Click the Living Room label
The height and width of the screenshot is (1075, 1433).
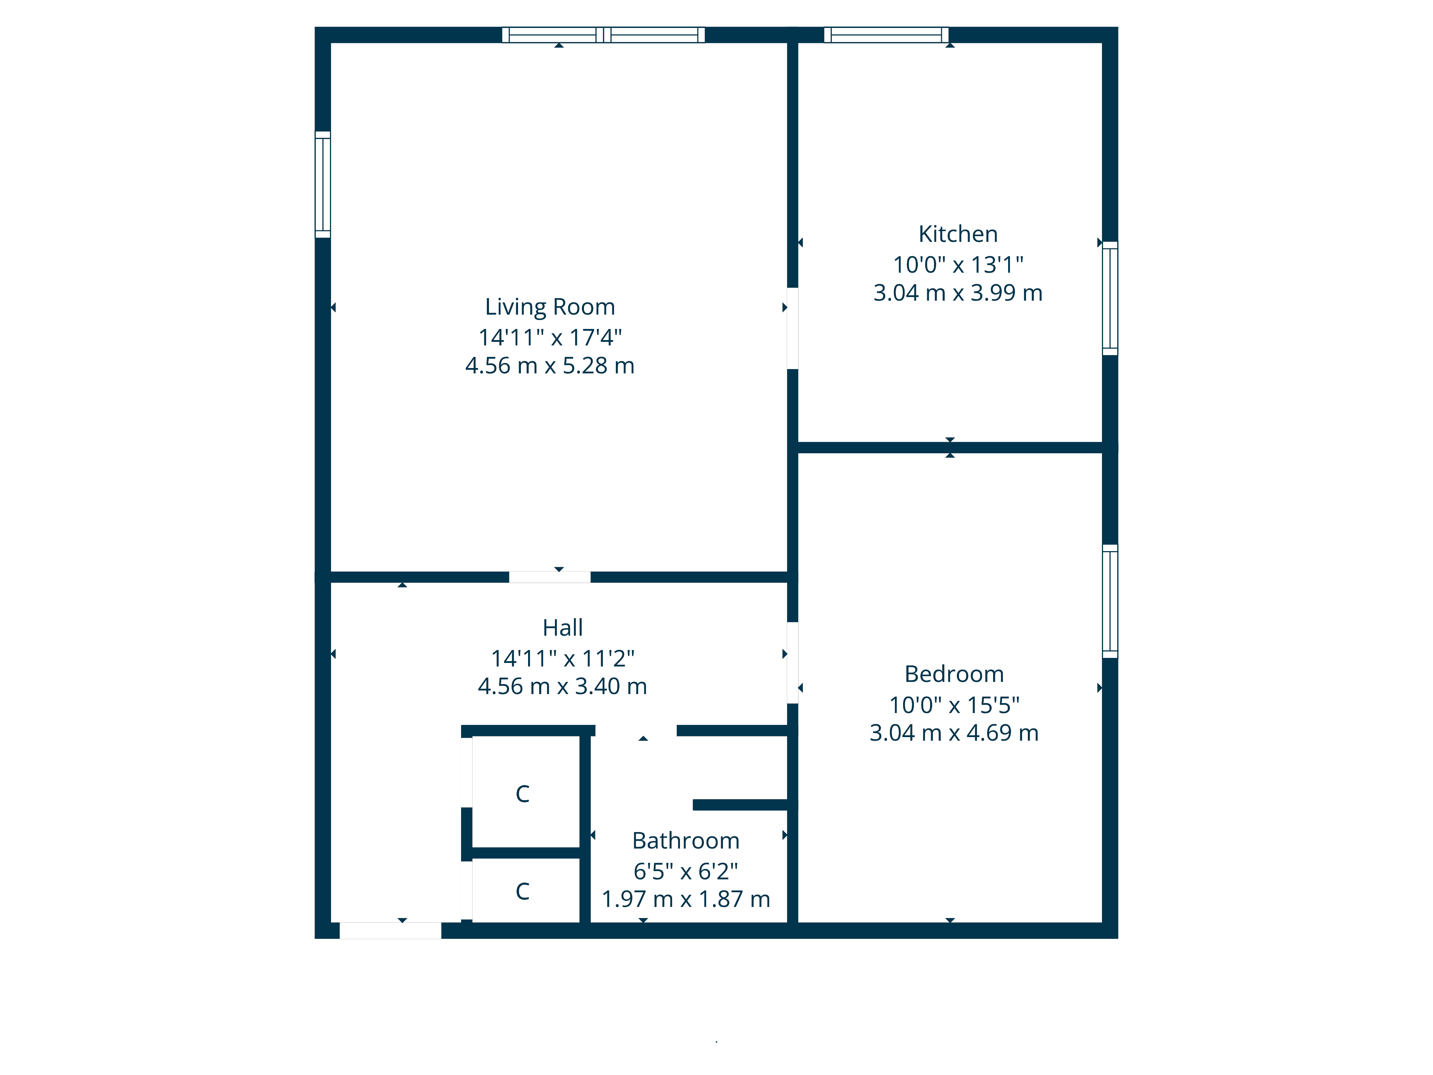click(x=550, y=307)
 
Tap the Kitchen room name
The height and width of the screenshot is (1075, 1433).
click(x=958, y=234)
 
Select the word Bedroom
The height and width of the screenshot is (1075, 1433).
click(x=954, y=674)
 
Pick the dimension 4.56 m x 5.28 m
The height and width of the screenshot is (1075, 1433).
click(x=550, y=365)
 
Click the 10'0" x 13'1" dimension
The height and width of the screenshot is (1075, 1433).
click(x=958, y=264)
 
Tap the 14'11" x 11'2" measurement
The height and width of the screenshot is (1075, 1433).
click(x=562, y=658)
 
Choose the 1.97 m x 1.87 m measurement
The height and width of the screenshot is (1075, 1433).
click(x=685, y=899)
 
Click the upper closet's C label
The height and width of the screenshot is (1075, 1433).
click(x=523, y=794)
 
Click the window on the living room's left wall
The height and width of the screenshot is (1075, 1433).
click(x=323, y=185)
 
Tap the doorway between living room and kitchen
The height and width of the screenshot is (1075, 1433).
click(x=792, y=329)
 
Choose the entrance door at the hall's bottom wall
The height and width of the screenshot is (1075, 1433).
click(x=390, y=931)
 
